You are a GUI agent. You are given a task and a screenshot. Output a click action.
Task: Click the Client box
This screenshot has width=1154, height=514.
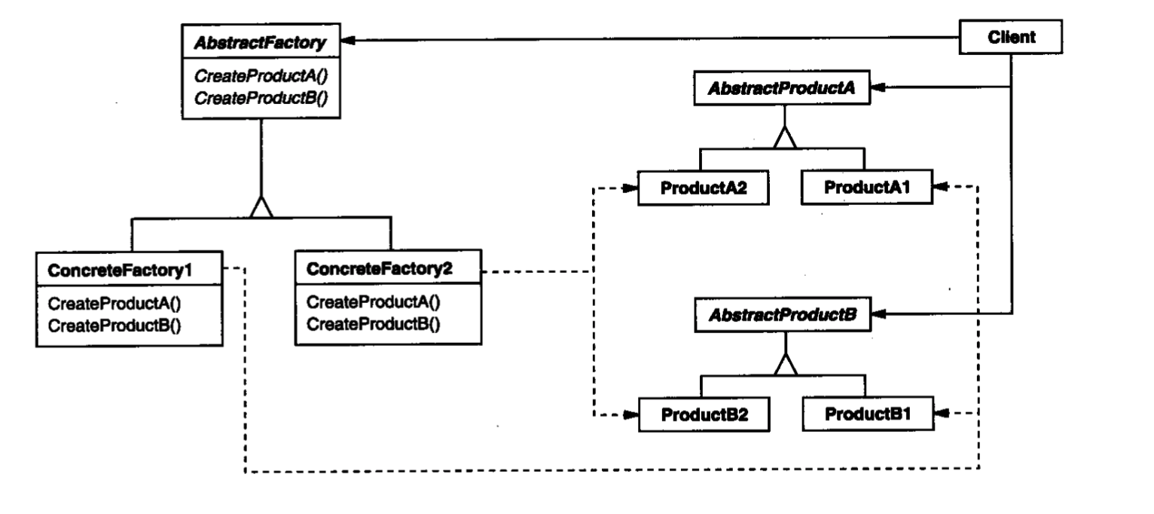click(1010, 37)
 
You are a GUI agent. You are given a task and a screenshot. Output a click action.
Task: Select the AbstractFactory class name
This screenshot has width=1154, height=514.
click(260, 42)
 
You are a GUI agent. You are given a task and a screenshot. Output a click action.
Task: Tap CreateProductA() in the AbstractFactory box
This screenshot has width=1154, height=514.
click(261, 76)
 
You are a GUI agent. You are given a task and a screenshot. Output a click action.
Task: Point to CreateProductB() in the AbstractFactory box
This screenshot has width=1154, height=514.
click(261, 98)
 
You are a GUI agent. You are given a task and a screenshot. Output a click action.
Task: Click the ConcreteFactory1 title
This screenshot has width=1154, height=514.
click(120, 270)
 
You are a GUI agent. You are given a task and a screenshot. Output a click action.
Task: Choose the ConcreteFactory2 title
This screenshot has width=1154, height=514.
click(379, 268)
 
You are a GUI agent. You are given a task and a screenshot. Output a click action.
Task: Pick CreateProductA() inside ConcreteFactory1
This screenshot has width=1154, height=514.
click(114, 304)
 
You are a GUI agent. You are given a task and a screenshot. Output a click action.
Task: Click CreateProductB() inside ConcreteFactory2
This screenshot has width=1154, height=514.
click(374, 324)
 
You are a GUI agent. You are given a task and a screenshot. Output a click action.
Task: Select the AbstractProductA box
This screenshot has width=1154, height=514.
click(782, 88)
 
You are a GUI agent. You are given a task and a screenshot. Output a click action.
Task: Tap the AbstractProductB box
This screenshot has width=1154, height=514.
click(783, 314)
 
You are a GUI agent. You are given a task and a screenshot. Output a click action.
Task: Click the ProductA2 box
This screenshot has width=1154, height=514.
click(704, 188)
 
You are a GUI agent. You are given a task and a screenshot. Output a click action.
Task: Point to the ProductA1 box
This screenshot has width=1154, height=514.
click(866, 187)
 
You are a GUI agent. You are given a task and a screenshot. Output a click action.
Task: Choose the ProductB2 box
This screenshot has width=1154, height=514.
click(704, 415)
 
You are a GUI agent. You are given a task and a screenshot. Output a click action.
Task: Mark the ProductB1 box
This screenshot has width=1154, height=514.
click(868, 414)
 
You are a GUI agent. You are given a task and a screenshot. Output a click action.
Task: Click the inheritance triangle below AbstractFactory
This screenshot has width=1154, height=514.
click(261, 207)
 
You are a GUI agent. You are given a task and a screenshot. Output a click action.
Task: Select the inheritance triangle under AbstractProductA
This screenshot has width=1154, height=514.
click(785, 138)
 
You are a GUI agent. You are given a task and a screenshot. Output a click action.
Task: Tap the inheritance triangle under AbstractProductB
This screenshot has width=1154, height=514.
click(786, 365)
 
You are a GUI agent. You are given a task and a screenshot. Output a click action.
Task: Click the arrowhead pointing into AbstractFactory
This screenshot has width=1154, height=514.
click(348, 40)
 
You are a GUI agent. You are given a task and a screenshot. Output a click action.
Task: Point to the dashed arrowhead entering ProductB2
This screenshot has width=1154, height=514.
click(630, 415)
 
